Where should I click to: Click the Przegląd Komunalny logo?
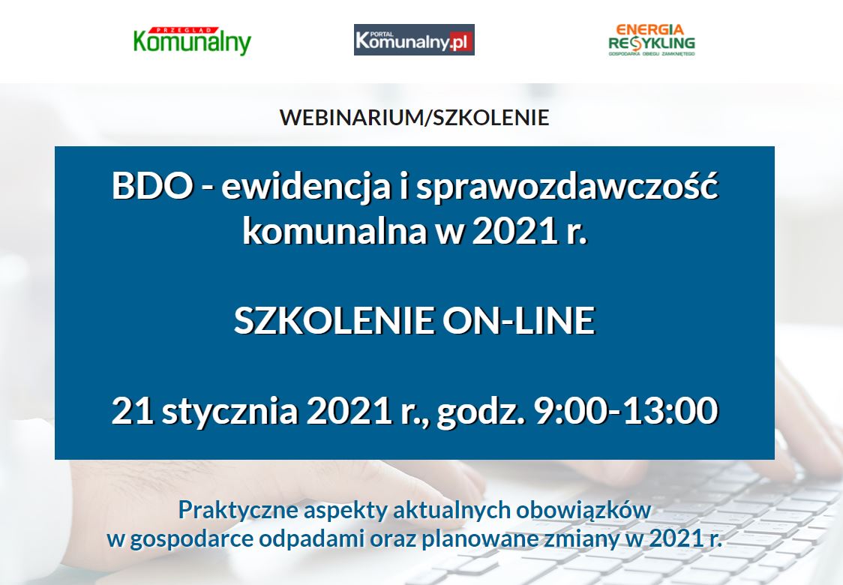tap(192, 41)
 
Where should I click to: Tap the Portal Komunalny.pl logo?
tap(414, 40)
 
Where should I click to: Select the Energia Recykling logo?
tap(652, 40)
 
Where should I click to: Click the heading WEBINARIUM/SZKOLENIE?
tap(414, 117)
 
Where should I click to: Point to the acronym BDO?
tap(152, 187)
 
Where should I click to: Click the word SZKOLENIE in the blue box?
tap(333, 320)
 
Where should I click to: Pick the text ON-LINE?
tap(519, 320)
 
